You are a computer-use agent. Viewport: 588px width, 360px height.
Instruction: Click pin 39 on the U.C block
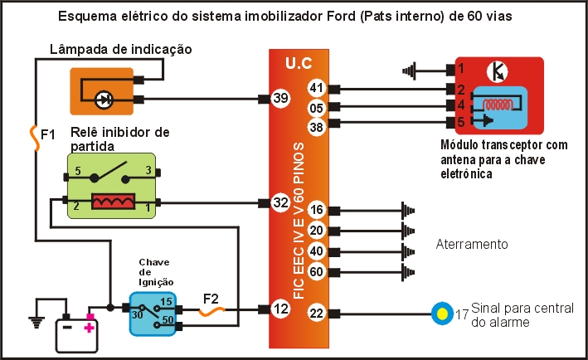point(280,99)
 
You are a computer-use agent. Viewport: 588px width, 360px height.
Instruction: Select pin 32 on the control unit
point(280,202)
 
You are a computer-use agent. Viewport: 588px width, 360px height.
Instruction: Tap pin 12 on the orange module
point(280,309)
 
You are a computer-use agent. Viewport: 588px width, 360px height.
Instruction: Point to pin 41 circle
point(316,88)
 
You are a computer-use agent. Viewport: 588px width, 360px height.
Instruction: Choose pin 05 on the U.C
point(316,106)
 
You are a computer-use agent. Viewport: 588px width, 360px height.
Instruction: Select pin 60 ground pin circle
point(316,270)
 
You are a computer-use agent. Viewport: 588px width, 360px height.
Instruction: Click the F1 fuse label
point(48,134)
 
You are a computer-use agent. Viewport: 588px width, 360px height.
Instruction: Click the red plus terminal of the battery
point(89,328)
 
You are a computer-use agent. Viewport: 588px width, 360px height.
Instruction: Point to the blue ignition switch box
point(153,314)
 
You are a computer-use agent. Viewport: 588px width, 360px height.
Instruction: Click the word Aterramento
point(471,245)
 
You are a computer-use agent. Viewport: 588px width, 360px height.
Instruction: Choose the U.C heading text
point(299,62)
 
